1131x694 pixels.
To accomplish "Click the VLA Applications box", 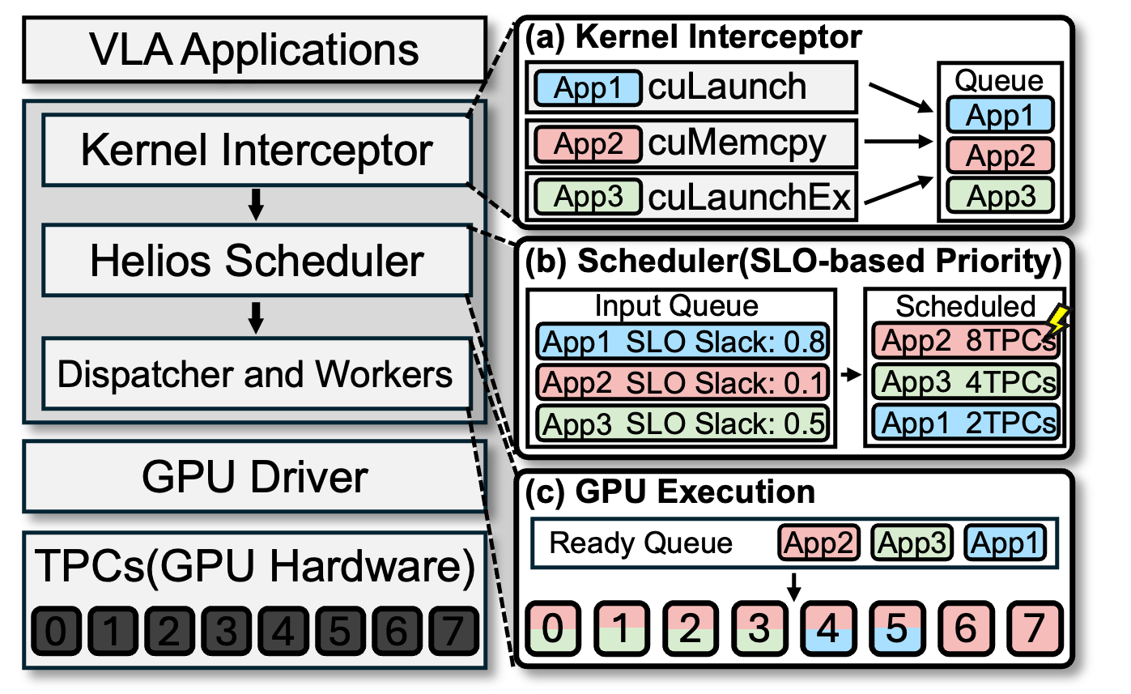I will [254, 49].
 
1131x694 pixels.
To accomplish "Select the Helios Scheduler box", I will [257, 261].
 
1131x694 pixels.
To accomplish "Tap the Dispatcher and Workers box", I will [256, 374].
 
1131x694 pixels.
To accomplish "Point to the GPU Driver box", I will [254, 478].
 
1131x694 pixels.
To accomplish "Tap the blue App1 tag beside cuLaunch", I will [587, 87].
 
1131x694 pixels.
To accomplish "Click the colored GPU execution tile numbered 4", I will [827, 629].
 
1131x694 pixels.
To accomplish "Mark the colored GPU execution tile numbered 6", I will [965, 629].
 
